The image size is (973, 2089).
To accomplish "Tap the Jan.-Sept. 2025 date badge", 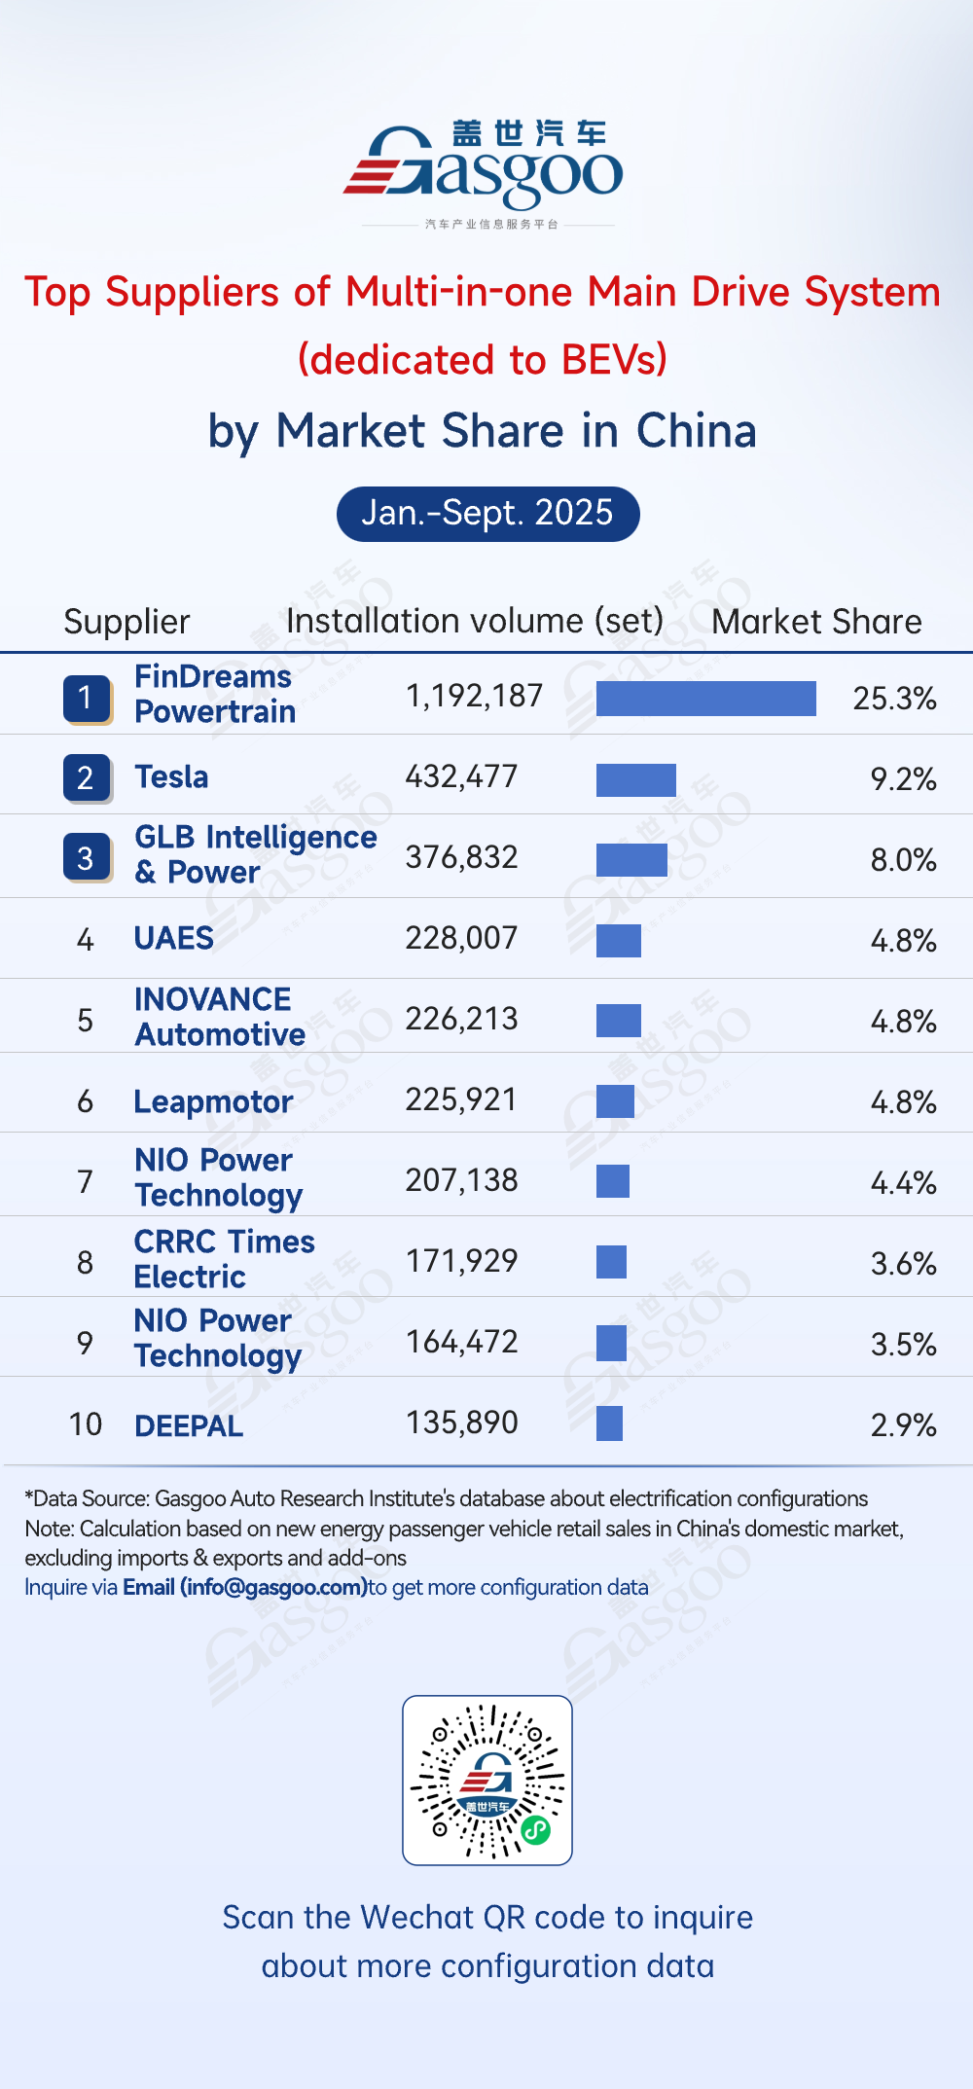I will coord(487,514).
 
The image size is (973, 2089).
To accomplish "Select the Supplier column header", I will coord(126,622).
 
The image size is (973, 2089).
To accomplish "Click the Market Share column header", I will coord(816,622).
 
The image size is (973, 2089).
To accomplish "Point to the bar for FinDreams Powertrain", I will coord(705,699).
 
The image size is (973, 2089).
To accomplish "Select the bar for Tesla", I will coord(635,779).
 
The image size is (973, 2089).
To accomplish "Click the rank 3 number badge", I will coord(87,858).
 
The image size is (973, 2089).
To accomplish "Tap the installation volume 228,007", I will coord(461,938).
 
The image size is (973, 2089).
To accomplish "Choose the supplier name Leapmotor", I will coord(213,1101).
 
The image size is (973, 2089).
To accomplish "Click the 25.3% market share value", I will coord(894,699).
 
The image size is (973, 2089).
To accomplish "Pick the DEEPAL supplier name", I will coord(189,1426).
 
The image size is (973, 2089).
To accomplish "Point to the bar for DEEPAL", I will coord(609,1423).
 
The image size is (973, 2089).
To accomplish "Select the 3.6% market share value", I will coord(903,1264).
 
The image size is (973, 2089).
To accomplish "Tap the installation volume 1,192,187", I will coord(474,696).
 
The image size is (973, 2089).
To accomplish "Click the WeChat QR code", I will coord(487,1780).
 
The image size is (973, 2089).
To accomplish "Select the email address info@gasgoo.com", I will coord(273,1587).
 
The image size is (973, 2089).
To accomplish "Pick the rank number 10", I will coord(86,1424).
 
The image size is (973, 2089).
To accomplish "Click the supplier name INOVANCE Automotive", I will coord(220,1017).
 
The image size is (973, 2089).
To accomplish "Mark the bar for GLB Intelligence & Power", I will coord(631,860).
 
